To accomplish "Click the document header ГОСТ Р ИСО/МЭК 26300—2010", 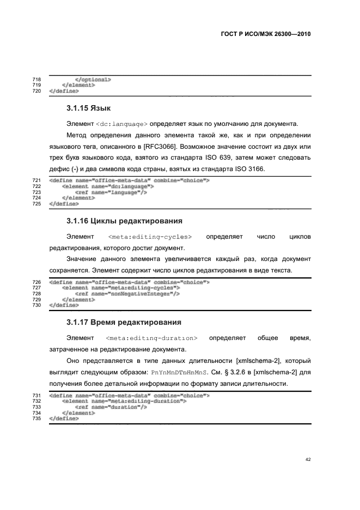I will click(267, 34).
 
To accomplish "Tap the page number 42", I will click(308, 460).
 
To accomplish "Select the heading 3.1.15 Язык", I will click(89, 108).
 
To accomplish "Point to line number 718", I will click(38, 80).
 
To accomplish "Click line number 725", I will click(38, 204).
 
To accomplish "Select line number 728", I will click(38, 293).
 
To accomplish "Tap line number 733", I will click(38, 406).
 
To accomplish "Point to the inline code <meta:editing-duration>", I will click(151, 338).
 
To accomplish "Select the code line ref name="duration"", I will click(111, 406).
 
